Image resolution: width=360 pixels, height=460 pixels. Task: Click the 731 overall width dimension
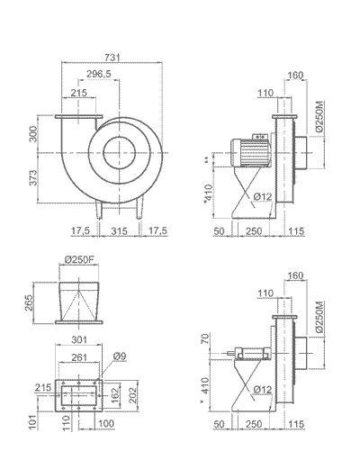(x=111, y=57)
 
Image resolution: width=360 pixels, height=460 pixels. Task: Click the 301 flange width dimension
(x=80, y=339)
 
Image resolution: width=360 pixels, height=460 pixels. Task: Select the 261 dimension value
(x=79, y=357)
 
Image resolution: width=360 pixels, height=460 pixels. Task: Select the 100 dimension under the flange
(x=106, y=423)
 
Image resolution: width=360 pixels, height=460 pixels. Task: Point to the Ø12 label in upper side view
(x=263, y=196)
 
